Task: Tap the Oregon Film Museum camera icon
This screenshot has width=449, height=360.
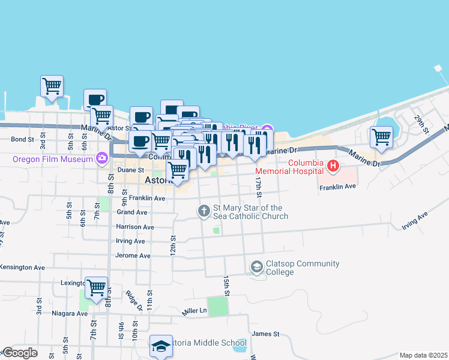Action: (101, 159)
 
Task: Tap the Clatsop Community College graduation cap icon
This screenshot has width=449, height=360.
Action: (257, 266)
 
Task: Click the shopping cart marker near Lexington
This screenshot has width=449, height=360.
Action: (96, 288)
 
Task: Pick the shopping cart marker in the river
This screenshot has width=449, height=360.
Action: (52, 86)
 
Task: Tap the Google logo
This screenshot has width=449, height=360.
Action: (20, 353)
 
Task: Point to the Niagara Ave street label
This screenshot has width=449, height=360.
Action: (70, 313)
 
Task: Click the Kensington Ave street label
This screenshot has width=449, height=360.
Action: (23, 267)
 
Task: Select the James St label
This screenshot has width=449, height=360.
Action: (266, 334)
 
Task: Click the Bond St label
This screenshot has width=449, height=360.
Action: (22, 139)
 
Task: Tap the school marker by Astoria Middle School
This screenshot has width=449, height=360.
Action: (161, 346)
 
